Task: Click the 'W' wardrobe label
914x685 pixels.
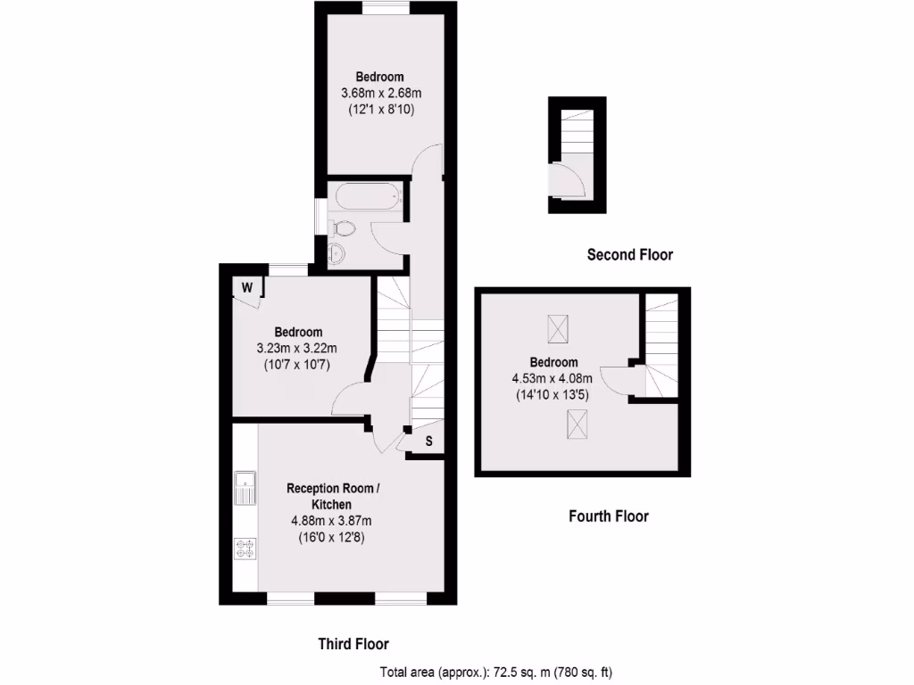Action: (247, 287)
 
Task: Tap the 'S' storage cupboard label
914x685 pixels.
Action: (428, 441)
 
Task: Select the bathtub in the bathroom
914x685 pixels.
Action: (366, 198)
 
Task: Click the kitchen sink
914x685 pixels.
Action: (245, 489)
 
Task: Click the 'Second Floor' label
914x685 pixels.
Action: (629, 255)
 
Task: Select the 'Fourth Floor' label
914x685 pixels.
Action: (609, 516)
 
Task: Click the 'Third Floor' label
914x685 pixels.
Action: (354, 643)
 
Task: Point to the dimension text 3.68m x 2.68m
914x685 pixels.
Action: (381, 93)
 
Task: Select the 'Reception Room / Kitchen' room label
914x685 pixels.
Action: (332, 496)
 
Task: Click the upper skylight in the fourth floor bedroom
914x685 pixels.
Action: (557, 330)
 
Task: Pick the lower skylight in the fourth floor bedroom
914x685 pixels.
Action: (575, 425)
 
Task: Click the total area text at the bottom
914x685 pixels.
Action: (496, 672)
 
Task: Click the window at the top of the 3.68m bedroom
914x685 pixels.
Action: (386, 8)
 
